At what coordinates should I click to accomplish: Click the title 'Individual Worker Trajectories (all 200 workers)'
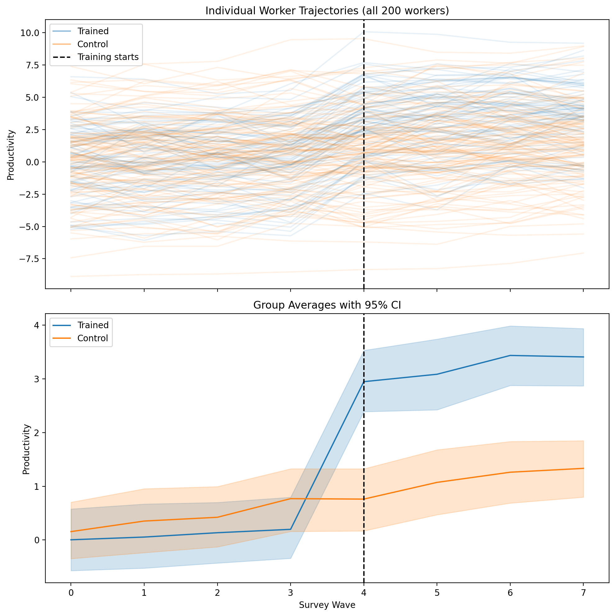coord(327,11)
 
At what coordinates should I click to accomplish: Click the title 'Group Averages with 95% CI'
coord(327,305)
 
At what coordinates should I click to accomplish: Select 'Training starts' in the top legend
coord(108,57)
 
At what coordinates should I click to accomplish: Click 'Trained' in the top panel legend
coord(93,31)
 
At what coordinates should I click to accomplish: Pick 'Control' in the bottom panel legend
coord(93,338)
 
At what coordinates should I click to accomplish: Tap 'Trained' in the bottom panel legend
coord(93,325)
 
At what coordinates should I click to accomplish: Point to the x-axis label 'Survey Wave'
coord(327,605)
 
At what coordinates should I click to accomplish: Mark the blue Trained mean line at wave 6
coord(510,355)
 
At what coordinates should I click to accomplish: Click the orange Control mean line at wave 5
coord(437,482)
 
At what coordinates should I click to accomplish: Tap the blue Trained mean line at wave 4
coord(364,382)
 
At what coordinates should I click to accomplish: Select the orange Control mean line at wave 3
coord(291,498)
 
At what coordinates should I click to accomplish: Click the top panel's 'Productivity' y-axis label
coord(11,155)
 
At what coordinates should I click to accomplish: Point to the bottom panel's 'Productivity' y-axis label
coord(26,449)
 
